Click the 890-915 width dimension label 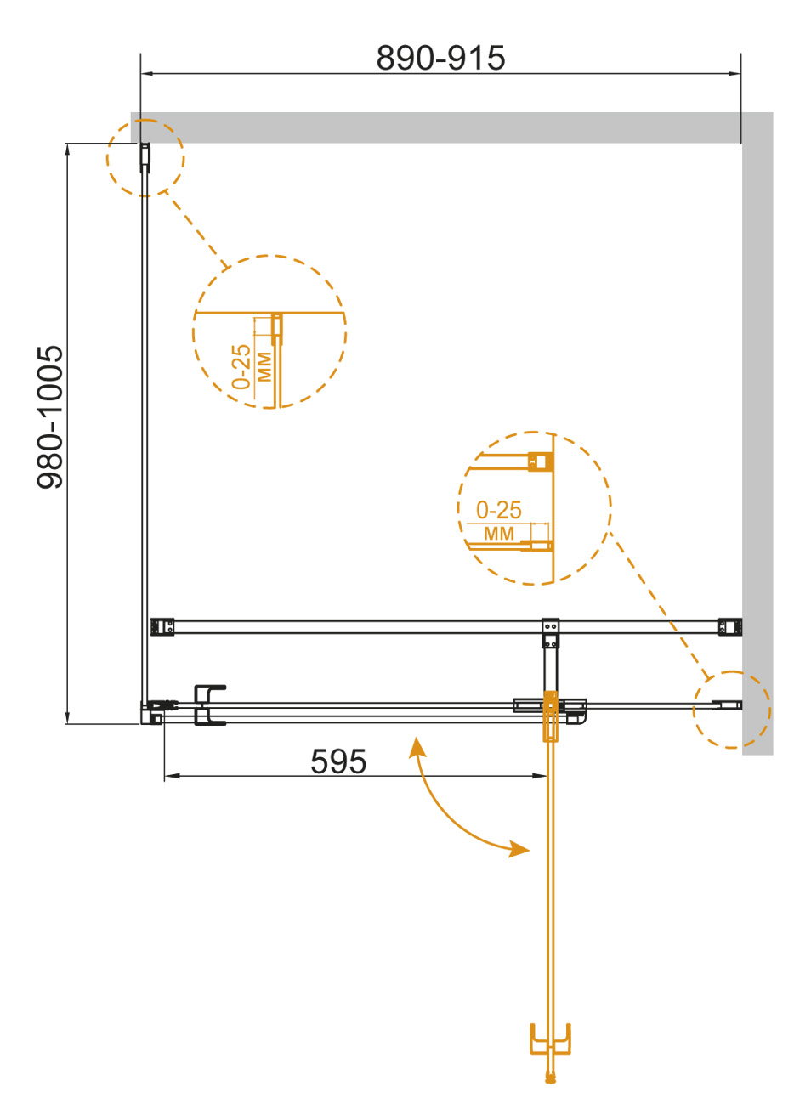(x=440, y=58)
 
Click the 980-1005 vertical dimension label (x=50, y=416)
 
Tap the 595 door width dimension (x=338, y=761)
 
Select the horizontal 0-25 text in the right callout (x=498, y=510)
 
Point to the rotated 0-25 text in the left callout (x=241, y=366)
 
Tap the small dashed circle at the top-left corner (x=145, y=158)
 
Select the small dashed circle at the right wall (x=732, y=710)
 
